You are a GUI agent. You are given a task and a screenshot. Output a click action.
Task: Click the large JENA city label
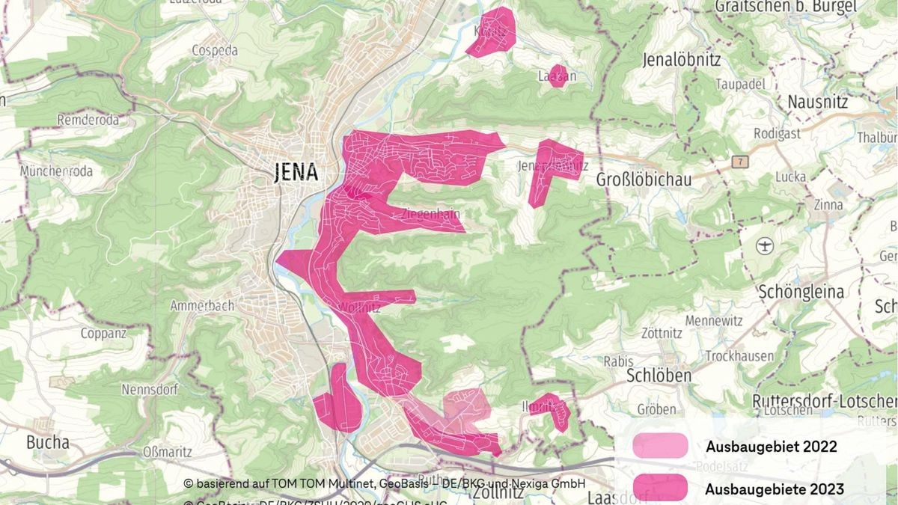(296, 173)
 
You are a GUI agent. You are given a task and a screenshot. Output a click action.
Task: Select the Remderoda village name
(88, 120)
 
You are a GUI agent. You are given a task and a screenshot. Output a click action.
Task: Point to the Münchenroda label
(56, 171)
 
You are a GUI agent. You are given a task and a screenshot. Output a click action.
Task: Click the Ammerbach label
(202, 305)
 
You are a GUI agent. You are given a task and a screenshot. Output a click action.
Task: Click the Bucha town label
(48, 442)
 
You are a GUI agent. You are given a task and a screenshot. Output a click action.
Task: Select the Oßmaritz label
(168, 452)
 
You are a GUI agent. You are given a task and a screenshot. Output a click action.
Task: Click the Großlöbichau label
(644, 180)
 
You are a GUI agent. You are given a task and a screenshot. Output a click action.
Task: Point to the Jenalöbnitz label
(681, 59)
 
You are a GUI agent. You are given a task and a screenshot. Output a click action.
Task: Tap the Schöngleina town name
(801, 292)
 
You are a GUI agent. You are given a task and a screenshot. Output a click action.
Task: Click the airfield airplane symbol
(763, 245)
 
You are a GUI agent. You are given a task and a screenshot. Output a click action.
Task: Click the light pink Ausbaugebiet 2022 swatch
(660, 445)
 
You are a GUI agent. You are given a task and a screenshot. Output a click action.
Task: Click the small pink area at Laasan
(558, 76)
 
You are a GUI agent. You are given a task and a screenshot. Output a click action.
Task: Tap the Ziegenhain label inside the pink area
(431, 214)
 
